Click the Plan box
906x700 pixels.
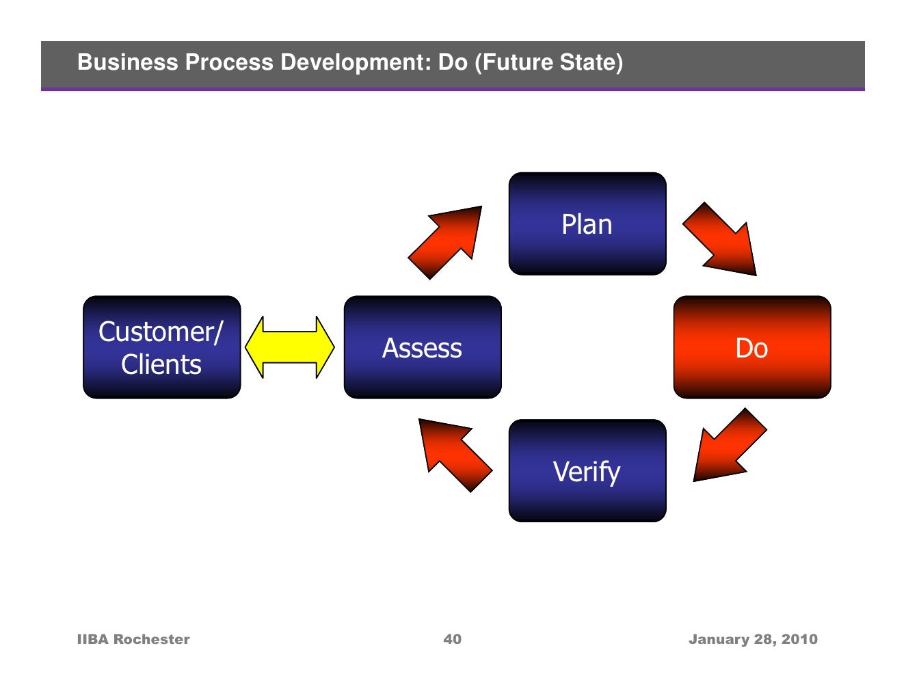click(587, 224)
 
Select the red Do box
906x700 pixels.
click(751, 347)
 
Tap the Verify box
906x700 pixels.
click(587, 471)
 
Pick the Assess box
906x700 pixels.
click(422, 347)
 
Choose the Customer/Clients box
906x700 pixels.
click(161, 347)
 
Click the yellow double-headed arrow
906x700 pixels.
click(289, 347)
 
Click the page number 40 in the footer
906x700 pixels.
click(452, 639)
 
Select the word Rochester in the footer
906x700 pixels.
click(151, 639)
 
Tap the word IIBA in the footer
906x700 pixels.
click(93, 639)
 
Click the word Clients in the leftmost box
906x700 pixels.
click(161, 364)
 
